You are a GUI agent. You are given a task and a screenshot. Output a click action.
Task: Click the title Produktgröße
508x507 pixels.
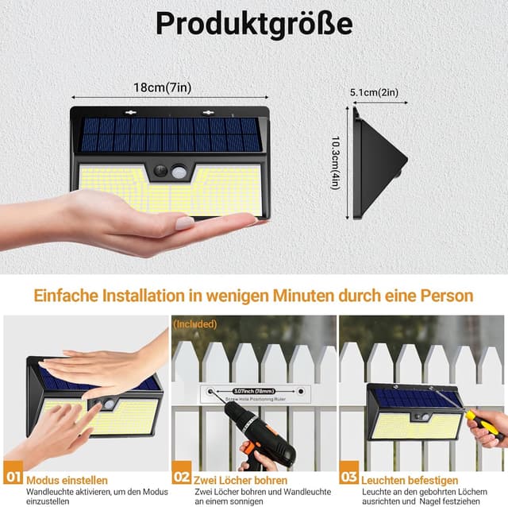254,24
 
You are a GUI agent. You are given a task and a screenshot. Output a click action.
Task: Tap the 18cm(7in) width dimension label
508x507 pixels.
162,88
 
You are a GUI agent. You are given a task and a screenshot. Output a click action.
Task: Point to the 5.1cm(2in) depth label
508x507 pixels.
373,93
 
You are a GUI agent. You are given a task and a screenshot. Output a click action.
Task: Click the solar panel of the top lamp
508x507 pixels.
171,134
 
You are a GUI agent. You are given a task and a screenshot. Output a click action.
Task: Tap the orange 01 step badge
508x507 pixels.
13,478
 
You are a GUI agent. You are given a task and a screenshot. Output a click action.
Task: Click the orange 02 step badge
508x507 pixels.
181,478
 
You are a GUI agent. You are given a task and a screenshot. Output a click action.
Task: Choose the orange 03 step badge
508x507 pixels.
348,478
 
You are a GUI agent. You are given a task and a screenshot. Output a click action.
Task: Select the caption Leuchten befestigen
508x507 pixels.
409,480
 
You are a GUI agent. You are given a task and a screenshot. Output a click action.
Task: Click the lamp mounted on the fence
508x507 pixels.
414,412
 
